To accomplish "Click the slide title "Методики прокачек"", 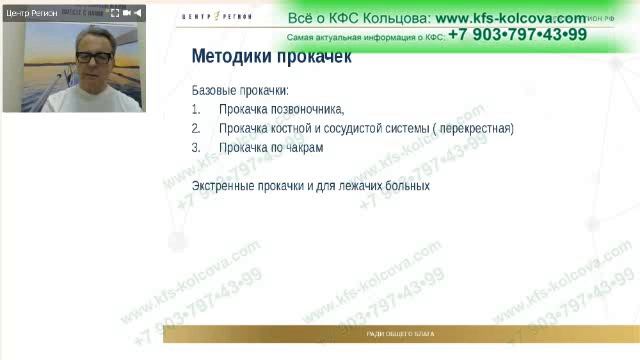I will (271, 58).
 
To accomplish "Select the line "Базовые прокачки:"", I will (239, 91).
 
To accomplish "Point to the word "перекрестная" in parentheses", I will (474, 129).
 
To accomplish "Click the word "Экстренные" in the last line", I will (225, 186).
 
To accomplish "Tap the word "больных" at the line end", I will (406, 186).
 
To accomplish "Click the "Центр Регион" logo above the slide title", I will (223, 17).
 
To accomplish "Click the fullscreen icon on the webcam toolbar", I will (114, 13).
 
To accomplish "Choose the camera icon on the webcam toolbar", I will (128, 13).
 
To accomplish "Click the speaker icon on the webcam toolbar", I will (141, 13).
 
